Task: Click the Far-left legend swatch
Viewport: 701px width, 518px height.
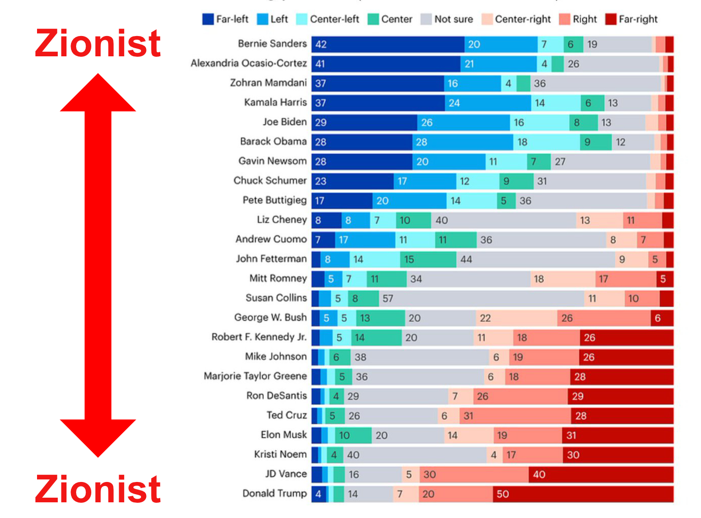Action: pos(208,19)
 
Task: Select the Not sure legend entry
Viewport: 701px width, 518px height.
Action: pos(453,19)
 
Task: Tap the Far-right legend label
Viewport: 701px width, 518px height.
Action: pos(638,19)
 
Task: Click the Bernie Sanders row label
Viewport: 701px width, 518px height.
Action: pos(272,44)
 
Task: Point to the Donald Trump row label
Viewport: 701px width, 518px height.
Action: pos(274,493)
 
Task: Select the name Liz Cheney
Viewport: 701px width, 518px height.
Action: pos(282,220)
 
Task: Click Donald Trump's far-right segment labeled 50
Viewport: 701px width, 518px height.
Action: pos(583,494)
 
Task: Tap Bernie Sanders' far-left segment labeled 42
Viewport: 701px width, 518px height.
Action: pos(388,44)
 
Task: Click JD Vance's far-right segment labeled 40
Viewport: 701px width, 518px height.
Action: pos(601,474)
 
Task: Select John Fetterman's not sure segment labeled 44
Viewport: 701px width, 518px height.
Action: pos(536,259)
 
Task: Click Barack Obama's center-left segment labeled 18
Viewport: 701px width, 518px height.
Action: pos(546,142)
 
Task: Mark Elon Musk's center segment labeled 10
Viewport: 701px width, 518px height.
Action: pos(353,435)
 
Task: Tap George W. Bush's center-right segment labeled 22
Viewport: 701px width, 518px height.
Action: pos(516,318)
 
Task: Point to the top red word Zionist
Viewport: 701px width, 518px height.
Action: pos(98,44)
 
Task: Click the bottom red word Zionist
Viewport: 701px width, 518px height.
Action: pos(98,489)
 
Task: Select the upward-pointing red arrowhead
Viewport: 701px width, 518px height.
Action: pos(98,94)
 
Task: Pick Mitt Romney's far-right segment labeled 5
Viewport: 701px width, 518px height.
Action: pos(664,279)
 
